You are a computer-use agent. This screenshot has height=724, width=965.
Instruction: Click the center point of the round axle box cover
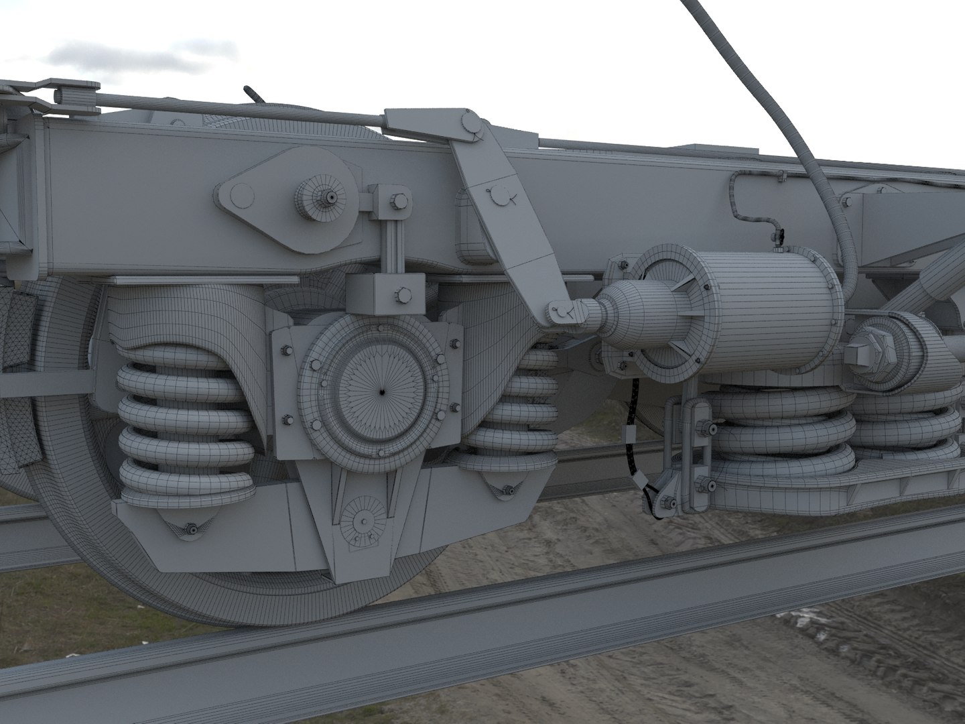coord(382,391)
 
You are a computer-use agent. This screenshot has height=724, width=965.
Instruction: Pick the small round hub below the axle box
coord(365,520)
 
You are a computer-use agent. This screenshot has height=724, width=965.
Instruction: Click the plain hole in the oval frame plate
coord(243,196)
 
